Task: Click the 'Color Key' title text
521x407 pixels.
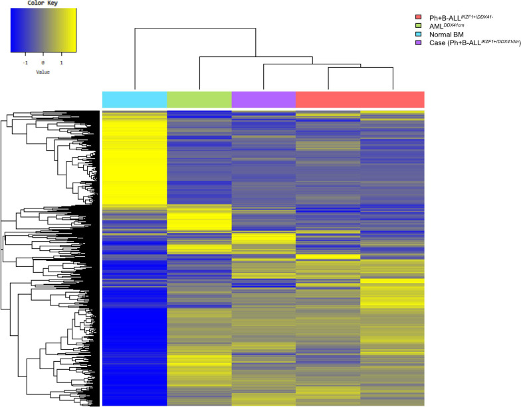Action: tap(43, 3)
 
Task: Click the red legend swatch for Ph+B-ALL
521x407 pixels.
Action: tap(418, 17)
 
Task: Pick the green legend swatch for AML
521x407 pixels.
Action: tap(418, 25)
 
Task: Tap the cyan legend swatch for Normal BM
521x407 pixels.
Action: tap(418, 34)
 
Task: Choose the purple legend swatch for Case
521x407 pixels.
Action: tap(418, 42)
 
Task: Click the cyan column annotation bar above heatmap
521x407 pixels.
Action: tap(134, 98)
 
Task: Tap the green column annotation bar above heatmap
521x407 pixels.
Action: tap(199, 98)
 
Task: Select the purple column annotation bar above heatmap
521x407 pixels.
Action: tap(263, 98)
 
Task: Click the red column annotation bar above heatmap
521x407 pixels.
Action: tap(360, 98)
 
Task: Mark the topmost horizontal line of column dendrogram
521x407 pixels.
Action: tap(195, 28)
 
